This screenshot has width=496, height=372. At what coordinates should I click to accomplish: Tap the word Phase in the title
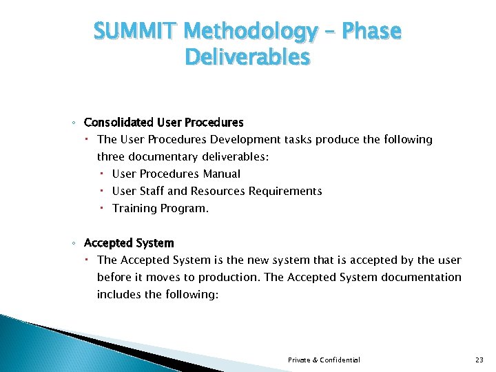(373, 32)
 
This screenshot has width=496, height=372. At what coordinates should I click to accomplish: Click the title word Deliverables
(248, 57)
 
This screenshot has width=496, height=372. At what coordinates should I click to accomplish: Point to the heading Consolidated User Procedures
(163, 123)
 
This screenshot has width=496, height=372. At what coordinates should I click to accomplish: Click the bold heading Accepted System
(129, 243)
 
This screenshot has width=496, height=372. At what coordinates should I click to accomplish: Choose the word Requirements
(285, 191)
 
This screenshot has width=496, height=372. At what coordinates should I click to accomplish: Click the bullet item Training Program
(160, 208)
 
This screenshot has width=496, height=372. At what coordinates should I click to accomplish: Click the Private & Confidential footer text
(324, 360)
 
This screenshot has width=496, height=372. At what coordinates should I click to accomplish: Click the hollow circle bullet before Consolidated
(74, 123)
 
